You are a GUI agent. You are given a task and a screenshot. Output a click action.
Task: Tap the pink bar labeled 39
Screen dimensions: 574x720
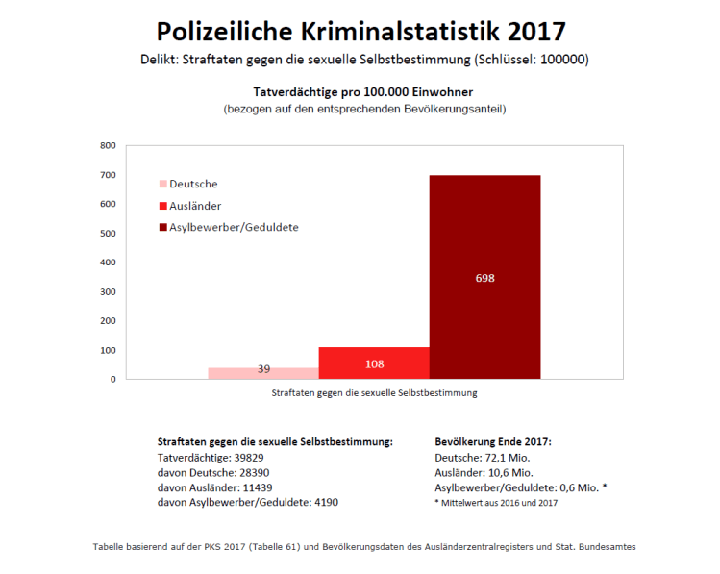(263, 373)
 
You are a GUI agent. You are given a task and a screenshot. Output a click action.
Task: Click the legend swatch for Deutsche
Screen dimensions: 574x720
(162, 184)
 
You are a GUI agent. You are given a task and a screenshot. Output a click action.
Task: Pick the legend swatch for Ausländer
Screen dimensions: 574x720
(162, 206)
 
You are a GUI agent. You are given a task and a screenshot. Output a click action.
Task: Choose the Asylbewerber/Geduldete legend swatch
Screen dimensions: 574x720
(162, 228)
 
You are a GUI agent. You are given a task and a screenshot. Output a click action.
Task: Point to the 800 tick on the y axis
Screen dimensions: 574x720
(109, 146)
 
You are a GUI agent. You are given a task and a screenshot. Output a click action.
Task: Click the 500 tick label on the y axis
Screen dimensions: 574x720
(109, 234)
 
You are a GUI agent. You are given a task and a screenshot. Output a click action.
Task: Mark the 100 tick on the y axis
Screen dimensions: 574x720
(109, 350)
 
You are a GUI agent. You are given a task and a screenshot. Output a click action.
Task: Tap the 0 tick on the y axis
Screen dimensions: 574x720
(112, 379)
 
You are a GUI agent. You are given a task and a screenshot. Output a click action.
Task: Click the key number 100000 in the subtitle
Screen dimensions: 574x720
(560, 60)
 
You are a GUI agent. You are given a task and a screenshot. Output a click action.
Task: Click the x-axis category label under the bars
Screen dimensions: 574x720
(374, 393)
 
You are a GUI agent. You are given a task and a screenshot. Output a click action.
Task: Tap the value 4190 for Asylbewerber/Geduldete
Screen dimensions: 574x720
(318, 502)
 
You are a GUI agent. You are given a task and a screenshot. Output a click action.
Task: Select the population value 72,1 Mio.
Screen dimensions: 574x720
(507, 457)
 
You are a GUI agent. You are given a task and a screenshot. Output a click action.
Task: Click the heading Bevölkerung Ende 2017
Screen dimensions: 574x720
(493, 441)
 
